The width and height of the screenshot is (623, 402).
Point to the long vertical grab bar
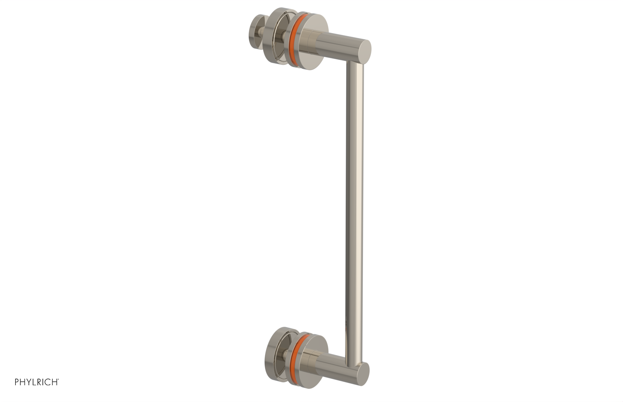(354, 203)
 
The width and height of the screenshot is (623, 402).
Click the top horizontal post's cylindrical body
(339, 47)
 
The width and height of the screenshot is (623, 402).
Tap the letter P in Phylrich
(17, 382)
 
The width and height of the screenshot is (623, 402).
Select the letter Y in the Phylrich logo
(28, 382)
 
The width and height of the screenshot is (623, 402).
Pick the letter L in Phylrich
(34, 382)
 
